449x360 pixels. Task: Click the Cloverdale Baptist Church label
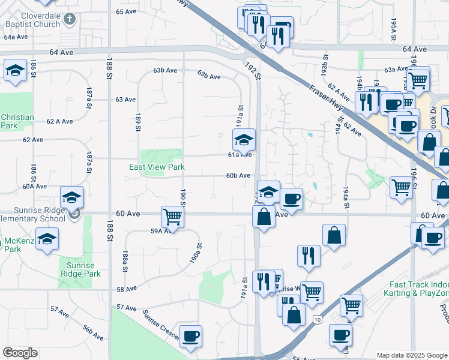(32, 20)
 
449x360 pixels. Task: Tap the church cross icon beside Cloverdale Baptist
(70, 19)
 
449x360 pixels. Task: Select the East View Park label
(157, 167)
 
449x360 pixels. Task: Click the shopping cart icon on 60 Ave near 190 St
(172, 217)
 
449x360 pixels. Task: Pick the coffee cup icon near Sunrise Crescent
(190, 336)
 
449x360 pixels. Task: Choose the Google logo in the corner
(20, 353)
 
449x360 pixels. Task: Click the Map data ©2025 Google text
(412, 355)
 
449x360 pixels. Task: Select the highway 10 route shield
(316, 319)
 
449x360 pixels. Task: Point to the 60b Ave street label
(238, 176)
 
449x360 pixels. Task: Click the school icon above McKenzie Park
(46, 239)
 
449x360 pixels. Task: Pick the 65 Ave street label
(127, 11)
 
